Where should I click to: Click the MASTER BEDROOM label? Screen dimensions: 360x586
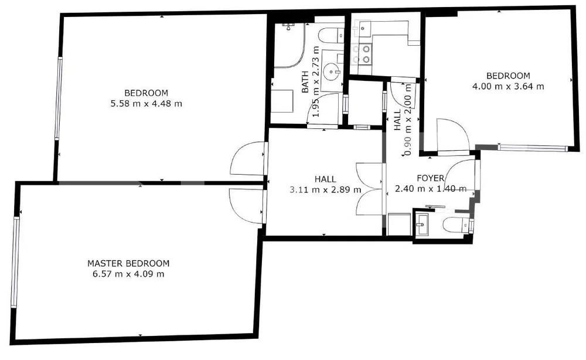pos(128,263)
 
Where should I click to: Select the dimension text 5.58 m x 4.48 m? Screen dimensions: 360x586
pos(146,104)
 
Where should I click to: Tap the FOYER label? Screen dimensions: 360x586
pos(430,178)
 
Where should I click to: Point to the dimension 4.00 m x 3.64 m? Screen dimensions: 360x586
pos(508,86)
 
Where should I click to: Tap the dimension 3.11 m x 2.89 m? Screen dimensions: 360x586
pos(325,189)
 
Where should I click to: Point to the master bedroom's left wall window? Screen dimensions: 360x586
pos(15,261)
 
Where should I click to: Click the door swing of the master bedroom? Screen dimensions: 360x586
pos(246,205)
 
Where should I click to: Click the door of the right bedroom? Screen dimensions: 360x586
pos(452,135)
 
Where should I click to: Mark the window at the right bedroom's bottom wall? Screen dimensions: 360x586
pos(533,148)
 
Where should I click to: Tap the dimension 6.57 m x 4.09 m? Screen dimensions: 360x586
pos(128,274)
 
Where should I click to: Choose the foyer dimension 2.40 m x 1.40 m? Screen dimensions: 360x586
pos(430,189)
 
